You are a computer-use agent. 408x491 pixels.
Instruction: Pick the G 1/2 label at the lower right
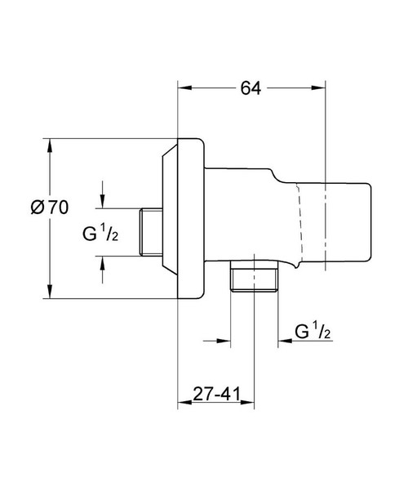click(x=313, y=331)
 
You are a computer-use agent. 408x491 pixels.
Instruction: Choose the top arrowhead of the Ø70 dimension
click(x=51, y=145)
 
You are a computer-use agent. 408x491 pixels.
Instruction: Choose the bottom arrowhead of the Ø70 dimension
click(x=51, y=292)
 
